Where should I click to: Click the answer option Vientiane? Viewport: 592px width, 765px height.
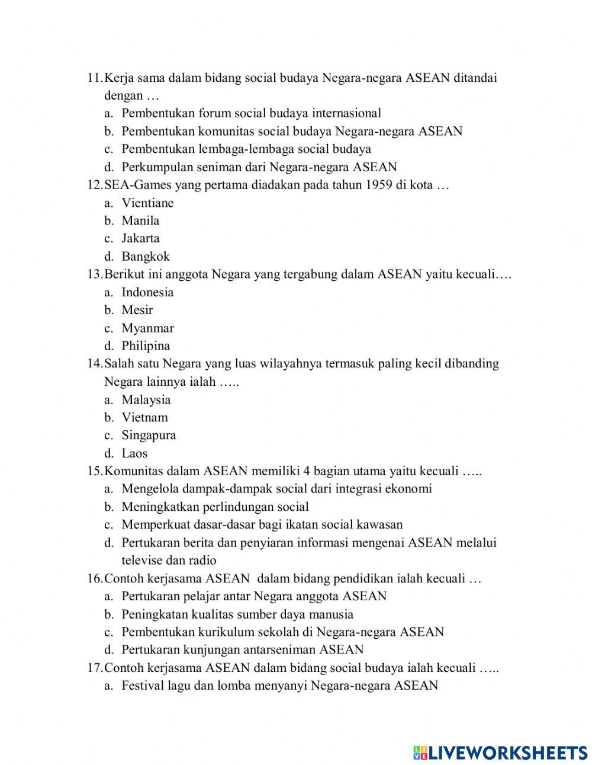pyautogui.click(x=147, y=203)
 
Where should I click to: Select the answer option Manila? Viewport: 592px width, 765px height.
pyautogui.click(x=140, y=220)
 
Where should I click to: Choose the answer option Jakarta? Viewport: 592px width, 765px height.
pyautogui.click(x=140, y=238)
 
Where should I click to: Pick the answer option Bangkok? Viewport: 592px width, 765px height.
pyautogui.click(x=146, y=257)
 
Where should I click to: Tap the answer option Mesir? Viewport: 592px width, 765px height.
pyautogui.click(x=137, y=310)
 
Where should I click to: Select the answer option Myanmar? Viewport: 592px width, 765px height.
pyautogui.click(x=147, y=328)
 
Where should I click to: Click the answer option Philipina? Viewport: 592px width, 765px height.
pyautogui.click(x=146, y=346)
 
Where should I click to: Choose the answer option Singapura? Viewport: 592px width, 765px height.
pyautogui.click(x=149, y=436)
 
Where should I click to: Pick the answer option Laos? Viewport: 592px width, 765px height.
pyautogui.click(x=134, y=453)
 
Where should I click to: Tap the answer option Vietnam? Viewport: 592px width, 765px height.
pyautogui.click(x=144, y=417)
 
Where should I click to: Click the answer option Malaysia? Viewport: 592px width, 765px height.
pyautogui.click(x=146, y=399)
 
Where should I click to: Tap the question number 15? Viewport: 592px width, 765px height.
pyautogui.click(x=95, y=471)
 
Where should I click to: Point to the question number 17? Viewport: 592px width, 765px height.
pyautogui.click(x=95, y=668)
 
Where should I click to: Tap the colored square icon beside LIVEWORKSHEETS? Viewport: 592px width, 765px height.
pyautogui.click(x=420, y=753)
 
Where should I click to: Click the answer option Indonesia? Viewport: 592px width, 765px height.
pyautogui.click(x=147, y=292)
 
